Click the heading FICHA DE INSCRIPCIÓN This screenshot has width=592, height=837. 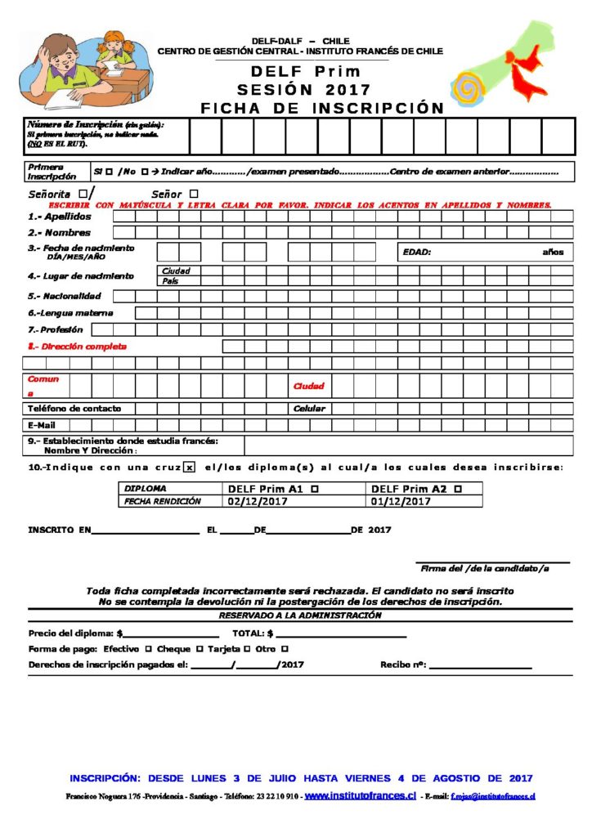[x=322, y=108]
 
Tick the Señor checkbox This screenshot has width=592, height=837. [x=194, y=194]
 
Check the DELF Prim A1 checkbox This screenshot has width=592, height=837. [x=316, y=488]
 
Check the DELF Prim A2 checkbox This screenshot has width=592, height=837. [x=457, y=488]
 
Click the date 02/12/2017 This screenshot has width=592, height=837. [x=258, y=501]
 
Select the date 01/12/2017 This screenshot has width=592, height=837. [x=400, y=501]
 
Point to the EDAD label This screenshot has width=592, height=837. [x=417, y=252]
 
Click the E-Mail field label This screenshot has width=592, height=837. [x=43, y=425]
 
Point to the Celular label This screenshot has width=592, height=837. [x=309, y=408]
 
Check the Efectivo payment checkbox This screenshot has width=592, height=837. [x=148, y=648]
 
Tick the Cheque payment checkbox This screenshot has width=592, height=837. [x=200, y=648]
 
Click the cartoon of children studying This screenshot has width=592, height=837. [x=86, y=70]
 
